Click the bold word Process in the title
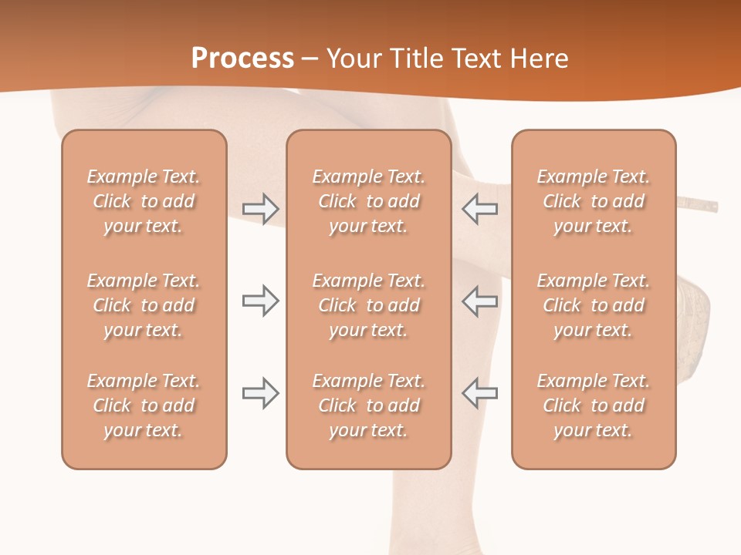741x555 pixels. (x=242, y=59)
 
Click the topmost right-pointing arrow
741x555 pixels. (x=261, y=209)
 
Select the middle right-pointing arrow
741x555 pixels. (x=261, y=301)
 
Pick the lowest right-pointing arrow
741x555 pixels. (x=261, y=393)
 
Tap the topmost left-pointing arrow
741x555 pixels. (x=479, y=209)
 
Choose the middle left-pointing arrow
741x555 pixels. (x=479, y=301)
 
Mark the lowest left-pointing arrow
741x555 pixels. (x=479, y=393)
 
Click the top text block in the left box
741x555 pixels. (x=144, y=201)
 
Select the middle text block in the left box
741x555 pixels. (x=144, y=305)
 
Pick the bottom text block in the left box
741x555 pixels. (x=144, y=405)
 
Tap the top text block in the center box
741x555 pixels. (x=368, y=201)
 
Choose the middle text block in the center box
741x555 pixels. (x=368, y=305)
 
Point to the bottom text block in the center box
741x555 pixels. (x=368, y=405)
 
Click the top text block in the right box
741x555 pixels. (x=593, y=201)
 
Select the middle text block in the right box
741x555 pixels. (x=593, y=305)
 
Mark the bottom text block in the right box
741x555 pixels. (x=593, y=405)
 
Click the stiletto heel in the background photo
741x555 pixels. (x=699, y=205)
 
